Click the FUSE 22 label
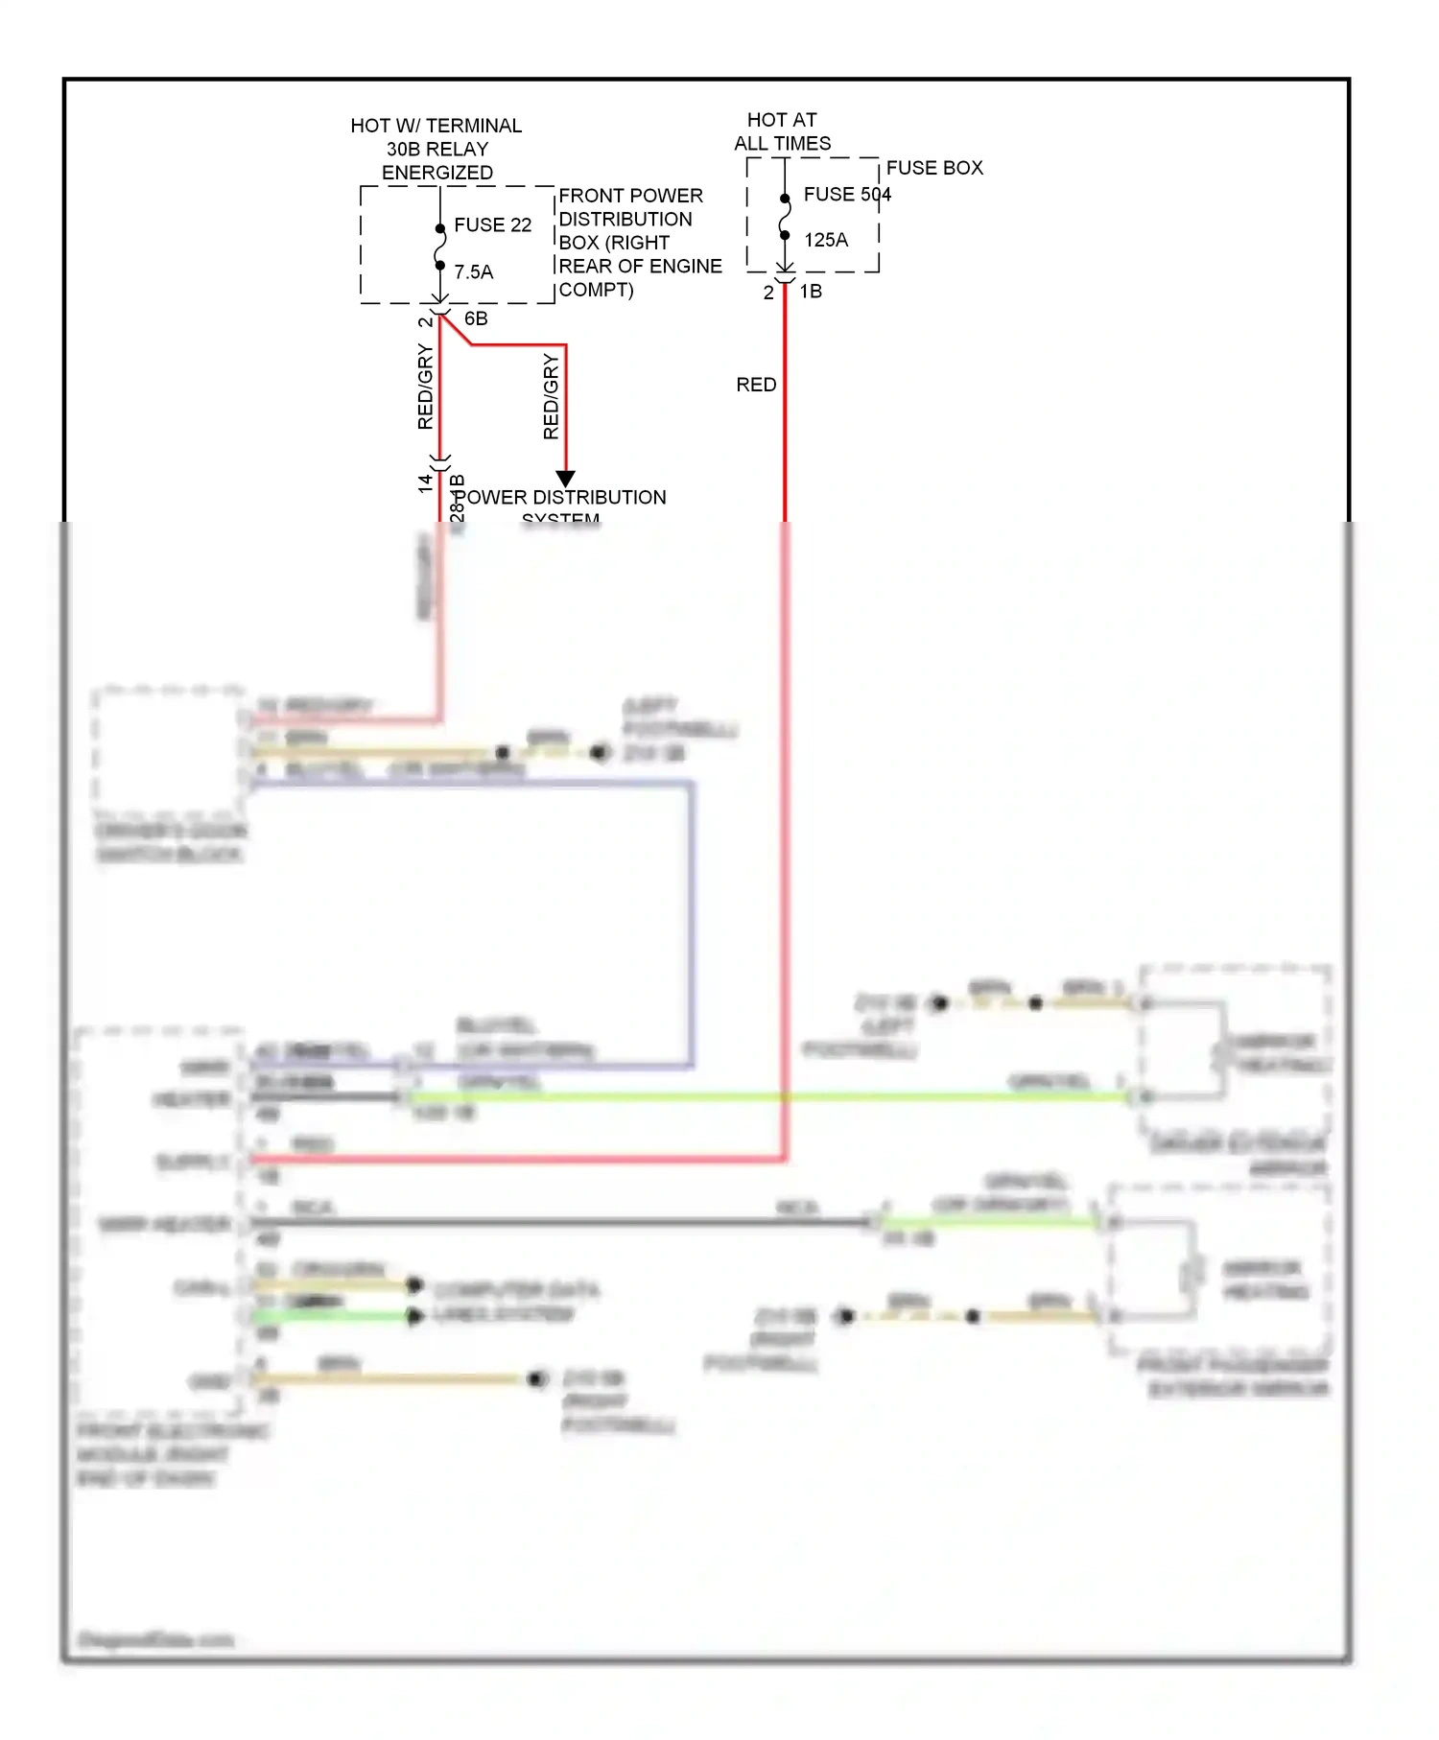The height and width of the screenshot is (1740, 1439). (x=492, y=224)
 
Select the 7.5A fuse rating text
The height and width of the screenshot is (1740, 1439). (x=473, y=272)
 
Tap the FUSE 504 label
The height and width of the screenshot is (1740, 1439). (x=846, y=195)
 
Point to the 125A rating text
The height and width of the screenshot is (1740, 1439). (x=825, y=240)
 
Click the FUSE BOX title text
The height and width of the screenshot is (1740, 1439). (x=933, y=168)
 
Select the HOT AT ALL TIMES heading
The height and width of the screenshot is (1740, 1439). (x=782, y=131)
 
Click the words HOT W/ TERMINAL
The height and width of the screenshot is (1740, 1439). (x=436, y=126)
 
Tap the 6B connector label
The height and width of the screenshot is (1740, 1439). (x=476, y=318)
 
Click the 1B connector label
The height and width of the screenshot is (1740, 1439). (x=811, y=292)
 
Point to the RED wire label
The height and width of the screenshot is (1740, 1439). (x=756, y=385)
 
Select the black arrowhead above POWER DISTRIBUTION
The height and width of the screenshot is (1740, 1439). (x=566, y=478)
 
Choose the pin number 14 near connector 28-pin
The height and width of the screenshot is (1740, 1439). (x=425, y=483)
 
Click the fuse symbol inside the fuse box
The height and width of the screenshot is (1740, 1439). (x=785, y=217)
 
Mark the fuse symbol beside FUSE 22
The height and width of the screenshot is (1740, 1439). (x=439, y=247)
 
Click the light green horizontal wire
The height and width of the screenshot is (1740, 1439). (x=767, y=1096)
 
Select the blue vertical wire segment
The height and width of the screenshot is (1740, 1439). (x=691, y=921)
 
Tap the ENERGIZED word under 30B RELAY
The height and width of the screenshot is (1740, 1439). (x=437, y=173)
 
